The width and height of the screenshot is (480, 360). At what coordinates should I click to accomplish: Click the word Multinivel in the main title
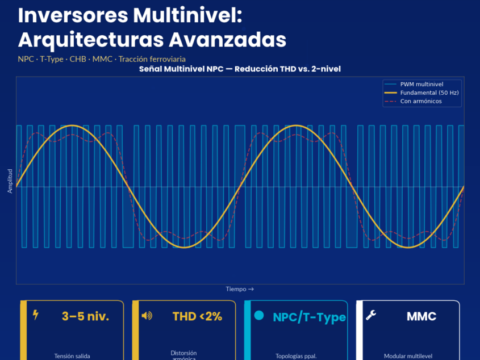[x=187, y=15]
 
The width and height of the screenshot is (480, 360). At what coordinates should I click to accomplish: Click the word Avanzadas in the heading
[x=227, y=40]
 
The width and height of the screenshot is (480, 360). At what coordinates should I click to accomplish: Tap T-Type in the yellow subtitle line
[x=52, y=59]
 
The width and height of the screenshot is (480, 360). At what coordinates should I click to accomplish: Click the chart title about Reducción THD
[x=240, y=69]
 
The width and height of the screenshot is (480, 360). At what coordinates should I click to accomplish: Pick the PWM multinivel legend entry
[x=421, y=84]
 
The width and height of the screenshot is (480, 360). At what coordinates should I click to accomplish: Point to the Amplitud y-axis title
[x=10, y=181]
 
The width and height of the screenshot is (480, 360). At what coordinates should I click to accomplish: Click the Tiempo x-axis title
[x=240, y=289]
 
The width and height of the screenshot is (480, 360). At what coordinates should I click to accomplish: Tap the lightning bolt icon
[x=36, y=315]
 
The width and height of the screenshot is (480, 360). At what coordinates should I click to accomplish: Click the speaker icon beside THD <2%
[x=147, y=316]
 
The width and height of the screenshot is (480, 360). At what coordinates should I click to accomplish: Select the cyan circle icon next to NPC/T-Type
[x=259, y=315]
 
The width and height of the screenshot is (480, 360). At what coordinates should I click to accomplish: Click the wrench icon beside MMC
[x=371, y=315]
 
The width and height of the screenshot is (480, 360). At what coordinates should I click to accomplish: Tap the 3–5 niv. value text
[x=85, y=316]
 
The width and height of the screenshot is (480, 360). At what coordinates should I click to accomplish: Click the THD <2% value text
[x=197, y=316]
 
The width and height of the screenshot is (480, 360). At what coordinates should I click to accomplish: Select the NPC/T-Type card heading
[x=309, y=317]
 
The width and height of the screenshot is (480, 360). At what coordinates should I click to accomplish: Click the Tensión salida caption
[x=72, y=356]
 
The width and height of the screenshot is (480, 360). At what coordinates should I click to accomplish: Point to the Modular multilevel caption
[x=408, y=356]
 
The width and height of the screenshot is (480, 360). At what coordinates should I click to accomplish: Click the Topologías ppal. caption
[x=296, y=356]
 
